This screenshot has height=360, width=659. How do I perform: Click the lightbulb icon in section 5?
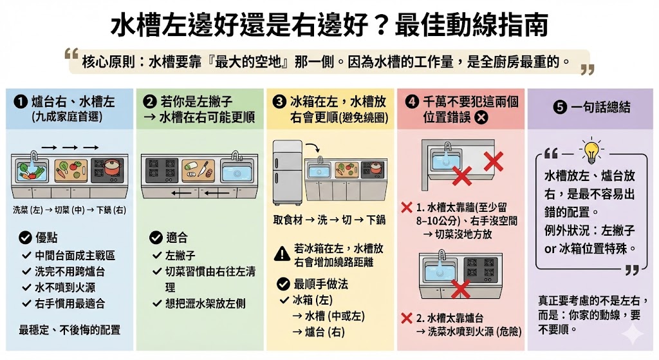[x=590, y=150]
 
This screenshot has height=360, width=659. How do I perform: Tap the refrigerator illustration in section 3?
[x=287, y=171]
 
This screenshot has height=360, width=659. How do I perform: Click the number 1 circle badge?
[x=21, y=102]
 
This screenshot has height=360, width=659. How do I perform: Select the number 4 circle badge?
[x=412, y=102]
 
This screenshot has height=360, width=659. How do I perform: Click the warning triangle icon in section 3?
[x=282, y=254]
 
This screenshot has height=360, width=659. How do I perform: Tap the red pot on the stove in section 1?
[x=112, y=168]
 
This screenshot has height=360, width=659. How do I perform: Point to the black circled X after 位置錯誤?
[x=481, y=117]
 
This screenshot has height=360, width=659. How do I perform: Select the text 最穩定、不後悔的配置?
[x=70, y=330]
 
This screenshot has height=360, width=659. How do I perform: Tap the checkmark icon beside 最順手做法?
[x=282, y=283]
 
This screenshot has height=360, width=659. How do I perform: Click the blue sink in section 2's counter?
[x=237, y=170]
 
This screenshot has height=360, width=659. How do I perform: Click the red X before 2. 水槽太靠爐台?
[x=406, y=317]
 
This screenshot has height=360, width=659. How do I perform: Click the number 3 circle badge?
[x=279, y=102]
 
